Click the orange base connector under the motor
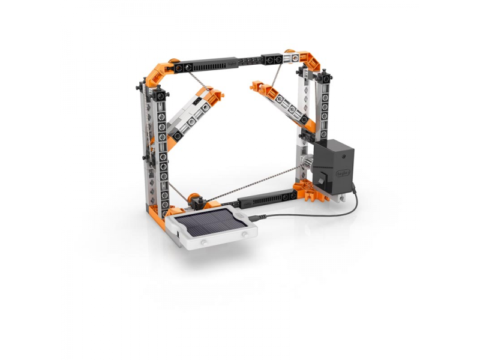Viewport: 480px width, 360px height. click(x=312, y=191)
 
